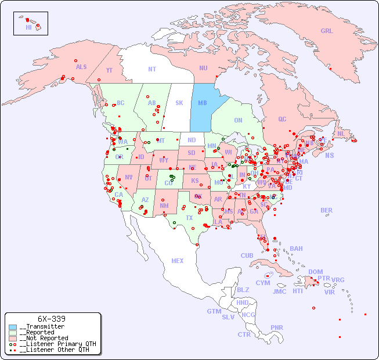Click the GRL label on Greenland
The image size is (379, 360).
[327, 31]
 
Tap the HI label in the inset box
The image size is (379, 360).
[28, 27]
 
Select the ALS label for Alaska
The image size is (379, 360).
[81, 67]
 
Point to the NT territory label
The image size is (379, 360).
[151, 69]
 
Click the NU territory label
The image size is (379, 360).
[203, 68]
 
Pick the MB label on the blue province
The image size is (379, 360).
[203, 103]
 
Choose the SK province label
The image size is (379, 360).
[179, 103]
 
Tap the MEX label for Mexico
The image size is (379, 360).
[177, 261]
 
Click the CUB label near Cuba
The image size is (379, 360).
[247, 255]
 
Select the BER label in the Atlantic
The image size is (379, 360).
[326, 210]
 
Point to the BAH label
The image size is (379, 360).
[296, 249]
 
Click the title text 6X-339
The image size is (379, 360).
[51, 319]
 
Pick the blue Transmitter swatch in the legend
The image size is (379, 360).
[13, 327]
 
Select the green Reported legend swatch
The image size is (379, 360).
[13, 333]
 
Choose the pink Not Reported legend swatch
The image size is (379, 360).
[13, 338]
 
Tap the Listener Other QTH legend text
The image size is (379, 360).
[55, 350]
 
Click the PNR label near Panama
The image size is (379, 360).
[277, 327]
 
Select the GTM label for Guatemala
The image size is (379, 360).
[214, 311]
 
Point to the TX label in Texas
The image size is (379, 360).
[189, 218]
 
